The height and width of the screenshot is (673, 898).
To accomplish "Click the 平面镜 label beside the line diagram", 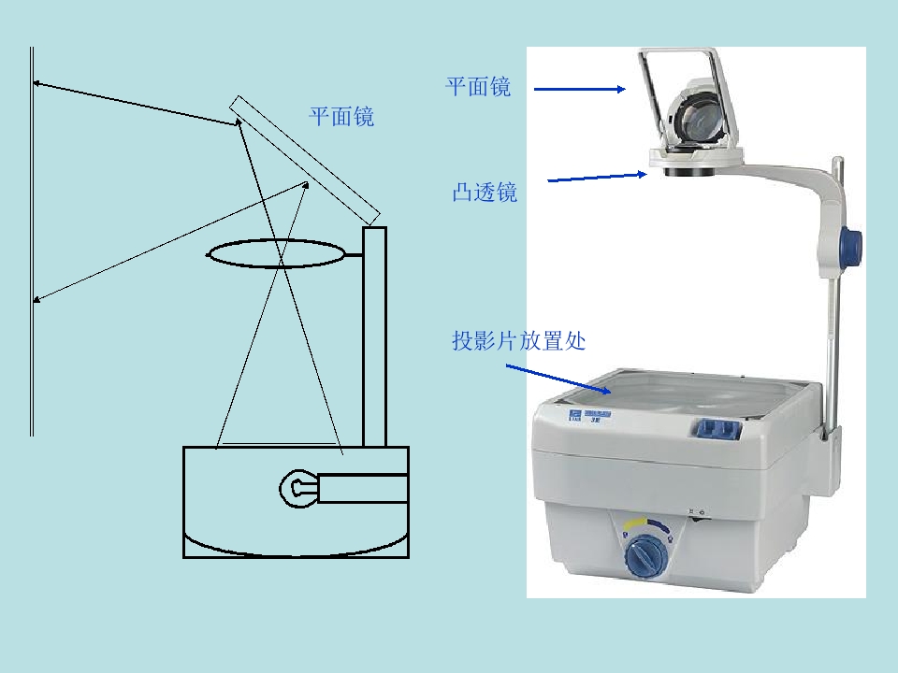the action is [x=341, y=116].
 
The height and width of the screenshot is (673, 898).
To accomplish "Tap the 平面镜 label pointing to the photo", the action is [x=478, y=86].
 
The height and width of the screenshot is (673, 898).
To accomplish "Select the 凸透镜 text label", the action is [x=485, y=192].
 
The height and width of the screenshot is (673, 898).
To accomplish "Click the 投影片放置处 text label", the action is [x=519, y=340].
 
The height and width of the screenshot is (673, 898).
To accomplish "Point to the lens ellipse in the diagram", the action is [x=276, y=240].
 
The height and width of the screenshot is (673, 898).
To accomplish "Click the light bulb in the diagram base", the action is [x=298, y=488].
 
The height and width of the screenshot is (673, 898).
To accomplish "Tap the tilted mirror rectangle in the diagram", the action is [x=305, y=160].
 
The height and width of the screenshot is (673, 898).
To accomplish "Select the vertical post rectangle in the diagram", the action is [x=374, y=336].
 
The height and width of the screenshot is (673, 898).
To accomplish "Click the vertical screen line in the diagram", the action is [x=32, y=241].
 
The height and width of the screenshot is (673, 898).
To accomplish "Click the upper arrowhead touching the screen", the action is [x=36, y=83].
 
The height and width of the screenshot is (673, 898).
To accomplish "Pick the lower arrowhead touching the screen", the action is [x=36, y=299].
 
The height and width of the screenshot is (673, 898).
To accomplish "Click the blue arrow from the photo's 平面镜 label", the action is [x=580, y=89].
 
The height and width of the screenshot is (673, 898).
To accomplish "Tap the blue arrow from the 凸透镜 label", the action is [x=598, y=177].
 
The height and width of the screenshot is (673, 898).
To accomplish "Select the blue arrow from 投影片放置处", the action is [x=558, y=379].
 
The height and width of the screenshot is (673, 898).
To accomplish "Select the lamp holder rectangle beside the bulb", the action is [x=363, y=488].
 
